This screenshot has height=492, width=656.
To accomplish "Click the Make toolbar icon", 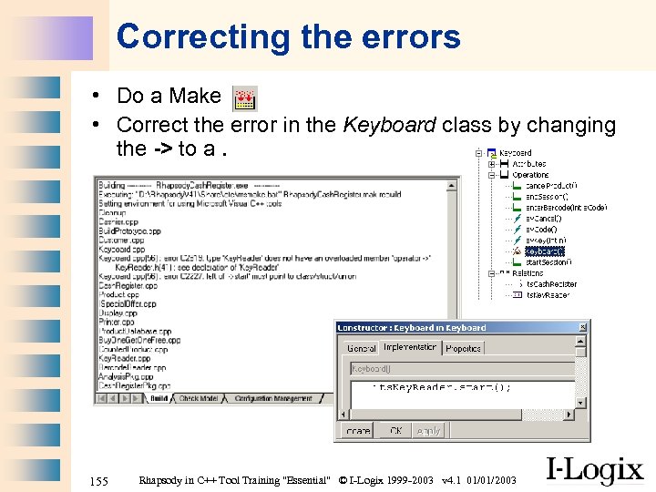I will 245,98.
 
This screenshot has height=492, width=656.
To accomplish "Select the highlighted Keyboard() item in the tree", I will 545,251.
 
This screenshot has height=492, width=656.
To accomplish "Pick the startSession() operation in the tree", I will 548,262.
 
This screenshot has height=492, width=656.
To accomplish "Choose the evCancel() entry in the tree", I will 544,219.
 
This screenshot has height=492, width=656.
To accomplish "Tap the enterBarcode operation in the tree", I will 566,208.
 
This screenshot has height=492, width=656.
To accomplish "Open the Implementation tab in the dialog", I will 410,348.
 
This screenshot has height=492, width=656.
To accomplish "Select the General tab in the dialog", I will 362,348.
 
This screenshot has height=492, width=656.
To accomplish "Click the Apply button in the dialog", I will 428,431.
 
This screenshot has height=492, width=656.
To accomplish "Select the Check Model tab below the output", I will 199,398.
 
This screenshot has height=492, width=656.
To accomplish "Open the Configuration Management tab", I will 274,398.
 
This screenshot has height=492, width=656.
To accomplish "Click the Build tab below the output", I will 158,398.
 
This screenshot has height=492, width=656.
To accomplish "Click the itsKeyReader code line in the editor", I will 444,387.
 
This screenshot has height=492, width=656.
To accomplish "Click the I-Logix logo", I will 593,470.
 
